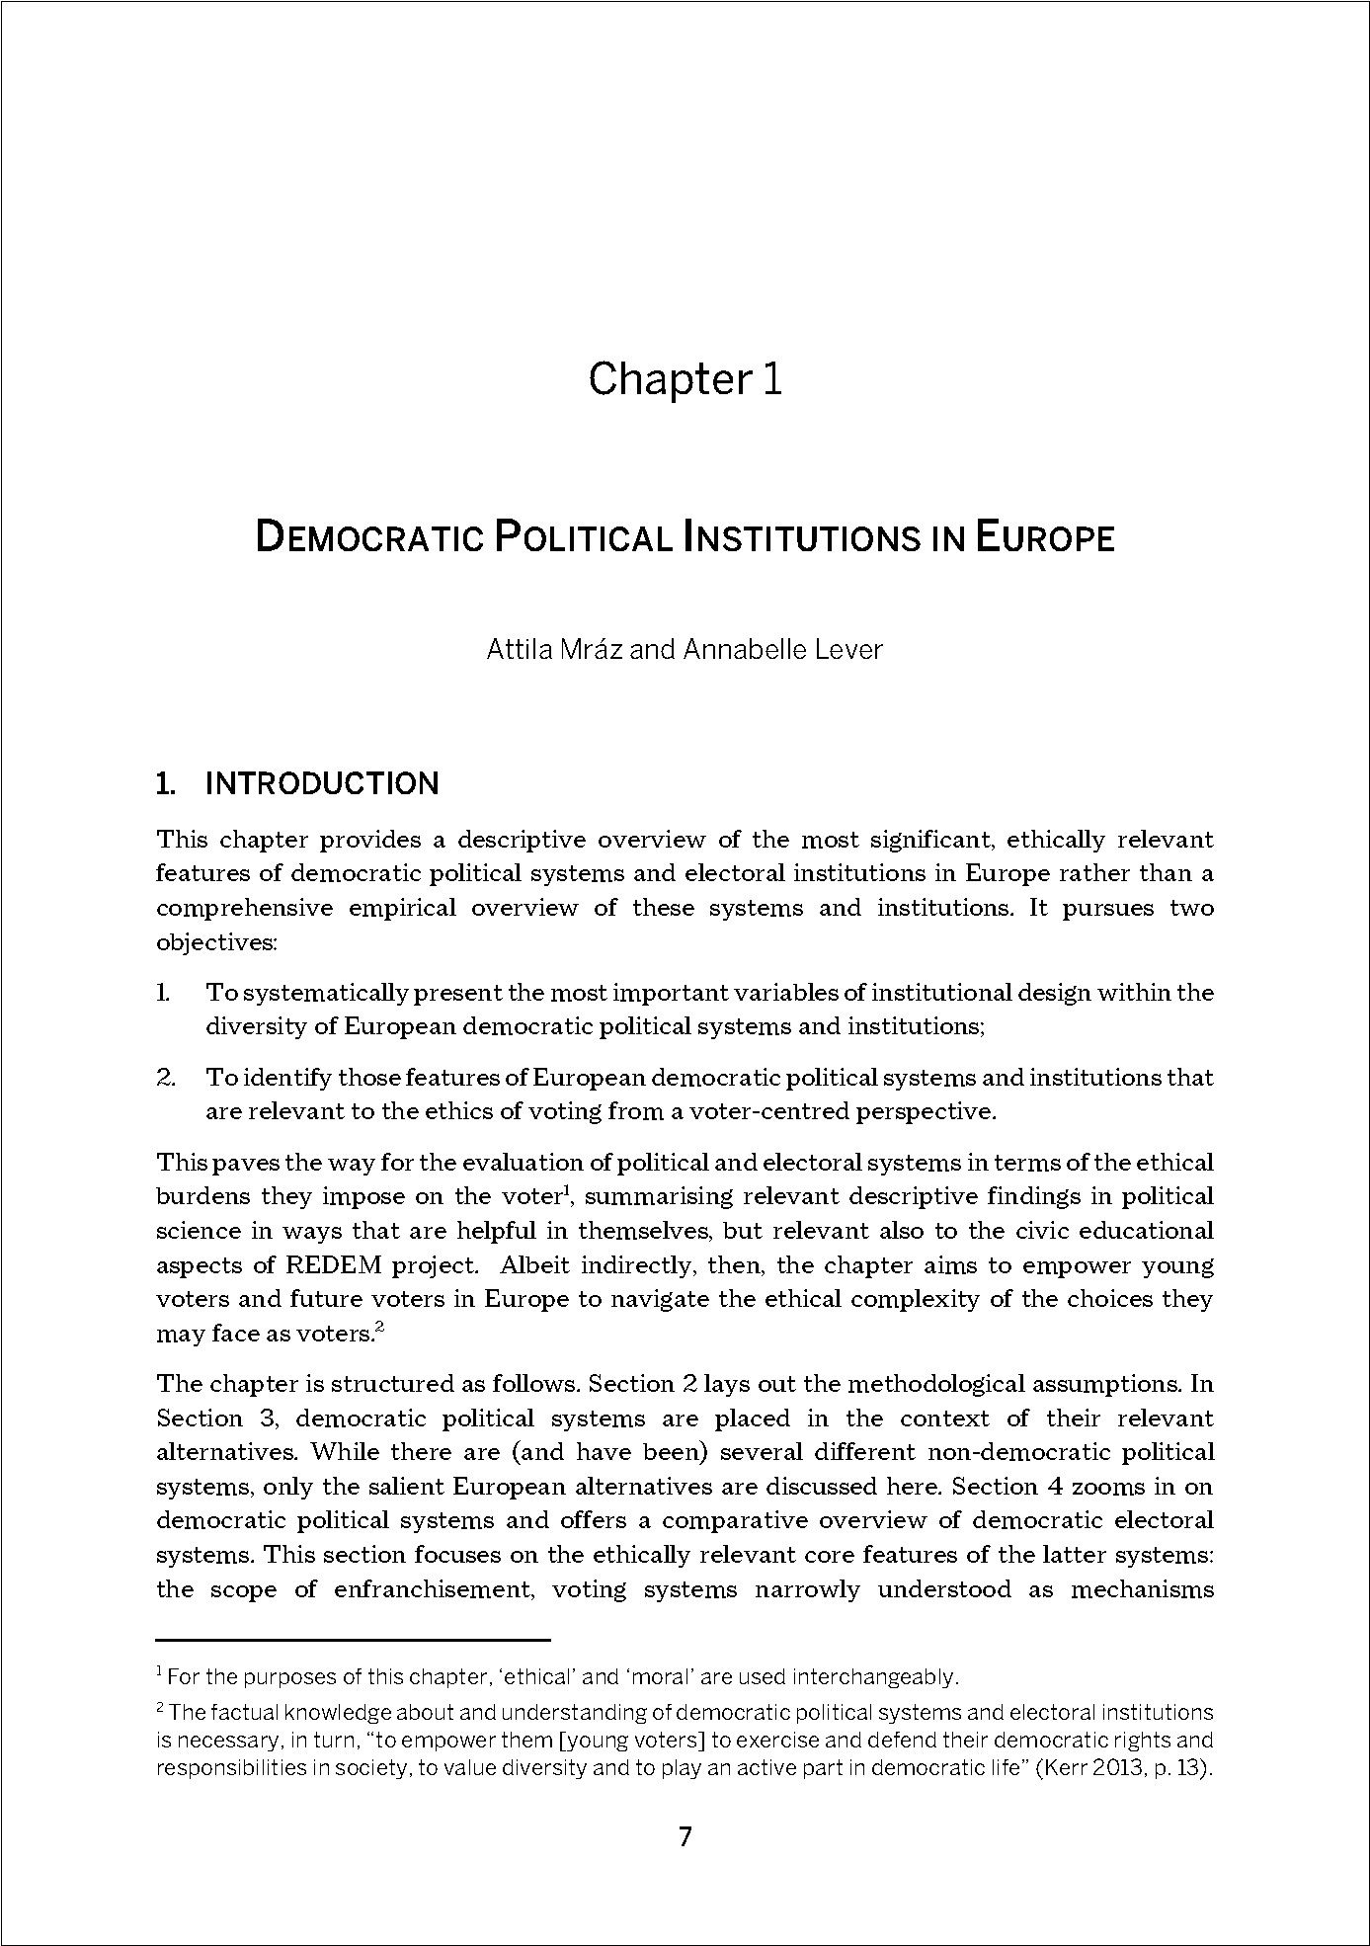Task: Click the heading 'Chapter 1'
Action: pos(685,379)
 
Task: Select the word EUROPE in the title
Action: pos(1046,539)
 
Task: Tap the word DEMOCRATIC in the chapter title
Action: pos(368,539)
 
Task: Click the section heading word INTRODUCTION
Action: pos(322,784)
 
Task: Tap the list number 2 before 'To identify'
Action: pos(166,1078)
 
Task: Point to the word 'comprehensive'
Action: pos(244,908)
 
